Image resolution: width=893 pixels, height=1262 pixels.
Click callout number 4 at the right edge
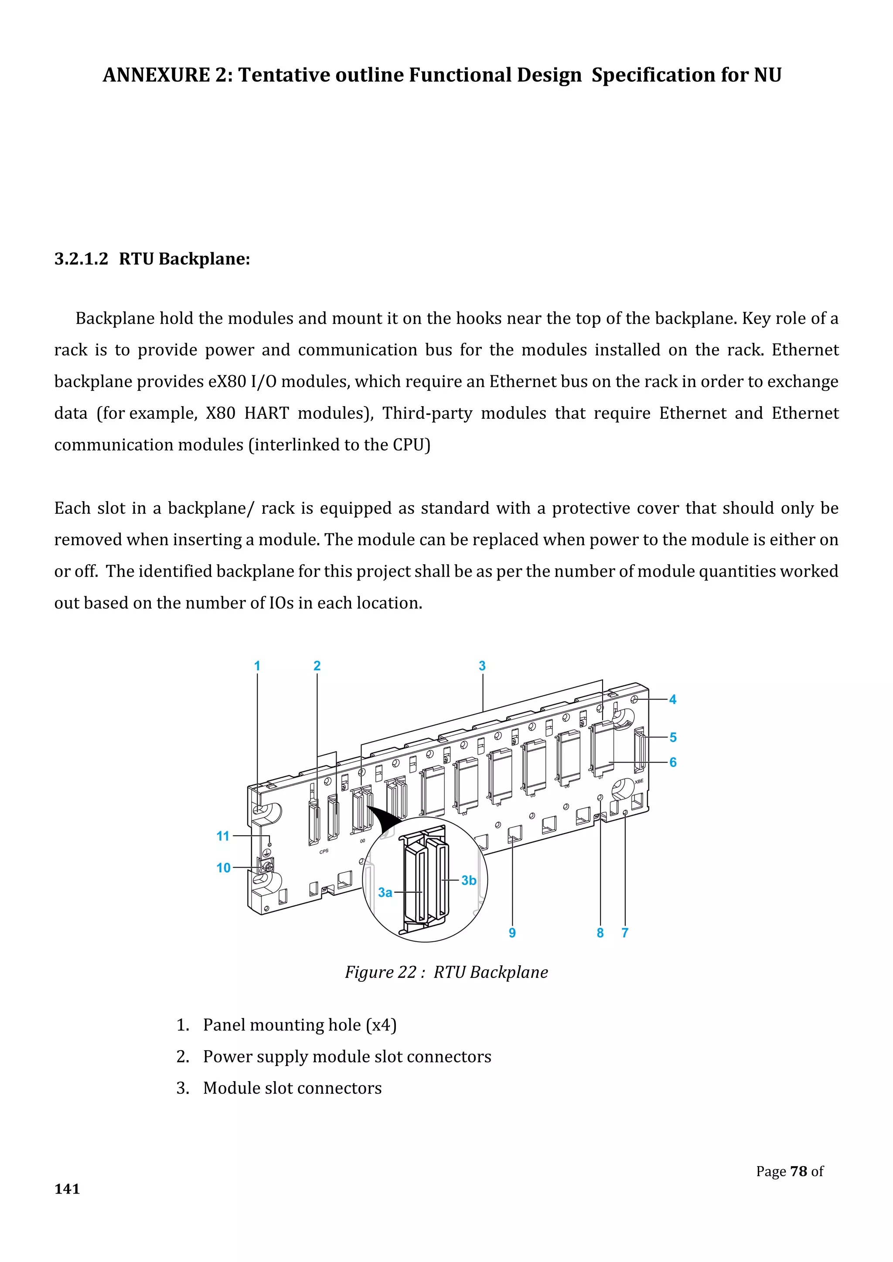pyautogui.click(x=672, y=700)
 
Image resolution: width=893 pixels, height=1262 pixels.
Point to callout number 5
pyautogui.click(x=672, y=738)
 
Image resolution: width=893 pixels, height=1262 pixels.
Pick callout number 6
pyautogui.click(x=672, y=762)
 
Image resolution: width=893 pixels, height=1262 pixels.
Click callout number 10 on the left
pyautogui.click(x=223, y=868)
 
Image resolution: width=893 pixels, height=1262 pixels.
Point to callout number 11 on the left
pyautogui.click(x=223, y=836)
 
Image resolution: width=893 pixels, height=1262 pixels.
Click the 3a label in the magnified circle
pyautogui.click(x=385, y=892)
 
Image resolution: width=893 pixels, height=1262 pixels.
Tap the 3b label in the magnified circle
pyautogui.click(x=468, y=881)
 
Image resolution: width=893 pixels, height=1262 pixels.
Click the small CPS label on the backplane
pyautogui.click(x=324, y=852)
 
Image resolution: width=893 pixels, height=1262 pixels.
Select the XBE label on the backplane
pyautogui.click(x=638, y=782)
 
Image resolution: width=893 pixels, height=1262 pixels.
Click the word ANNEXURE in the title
pyautogui.click(x=156, y=75)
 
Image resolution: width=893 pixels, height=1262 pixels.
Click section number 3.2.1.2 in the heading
pyautogui.click(x=82, y=258)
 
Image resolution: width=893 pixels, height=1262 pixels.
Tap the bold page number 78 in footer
pyautogui.click(x=798, y=1171)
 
